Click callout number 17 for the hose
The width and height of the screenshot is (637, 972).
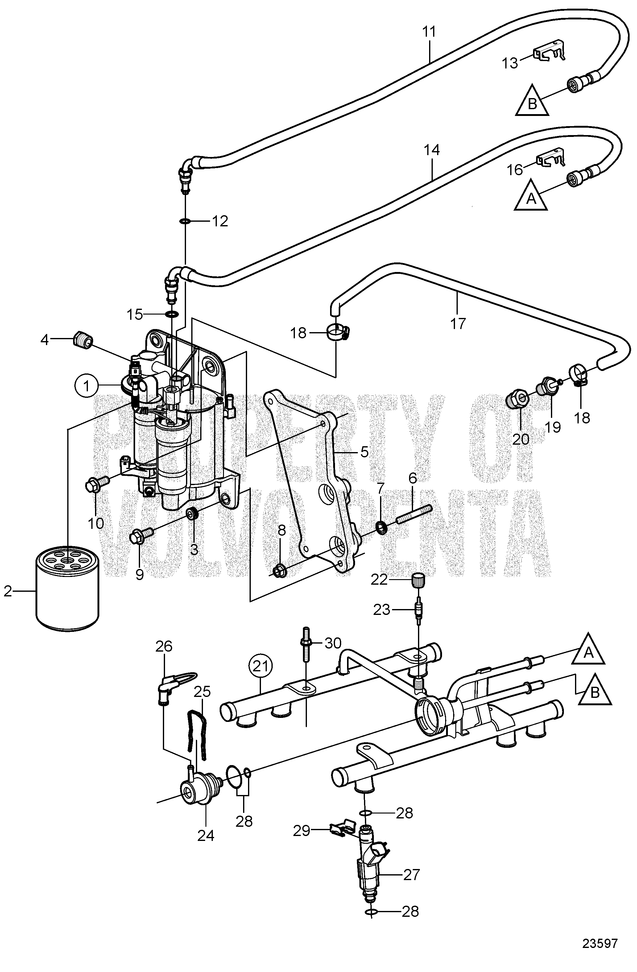tap(458, 323)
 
